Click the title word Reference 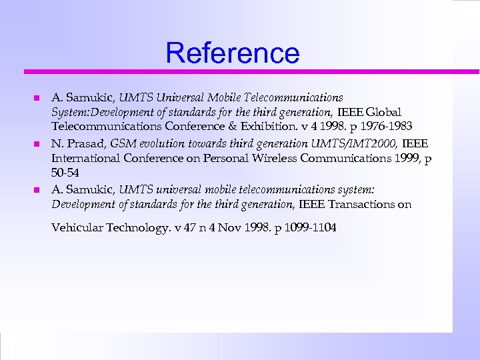[233, 52]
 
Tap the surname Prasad [86, 143]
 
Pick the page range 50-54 [66, 173]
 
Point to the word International [83, 158]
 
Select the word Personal [213, 158]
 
